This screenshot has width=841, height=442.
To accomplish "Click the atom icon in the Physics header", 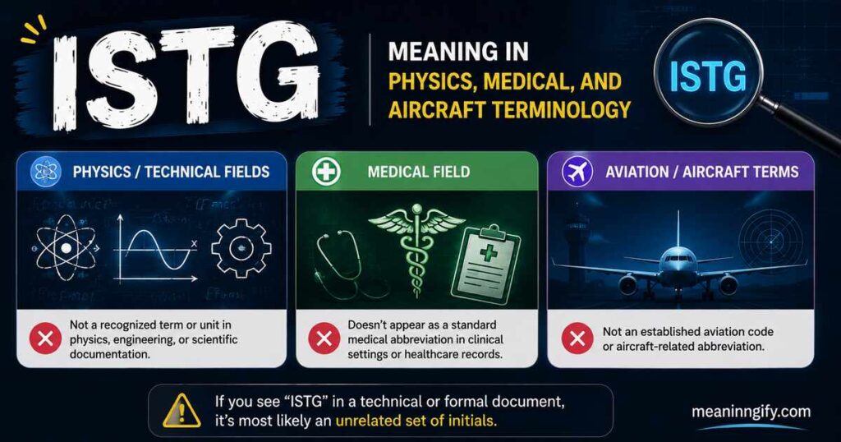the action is (46, 172).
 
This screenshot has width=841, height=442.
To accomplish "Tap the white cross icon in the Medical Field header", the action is (326, 172).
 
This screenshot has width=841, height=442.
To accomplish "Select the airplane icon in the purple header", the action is (577, 172).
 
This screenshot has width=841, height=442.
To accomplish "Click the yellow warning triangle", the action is (182, 411).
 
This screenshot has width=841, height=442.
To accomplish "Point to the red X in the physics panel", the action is (46, 338).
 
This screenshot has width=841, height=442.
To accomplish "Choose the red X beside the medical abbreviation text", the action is (324, 338).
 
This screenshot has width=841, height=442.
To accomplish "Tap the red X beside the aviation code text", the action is (577, 338).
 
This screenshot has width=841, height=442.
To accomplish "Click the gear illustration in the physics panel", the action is (241, 248).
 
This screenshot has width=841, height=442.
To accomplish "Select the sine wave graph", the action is (156, 248).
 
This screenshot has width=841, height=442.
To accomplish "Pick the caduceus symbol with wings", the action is (416, 248).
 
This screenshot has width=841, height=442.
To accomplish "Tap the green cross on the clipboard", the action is (488, 251).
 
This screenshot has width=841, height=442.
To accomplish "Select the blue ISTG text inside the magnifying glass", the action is (708, 76).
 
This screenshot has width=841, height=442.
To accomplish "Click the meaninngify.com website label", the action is (751, 412).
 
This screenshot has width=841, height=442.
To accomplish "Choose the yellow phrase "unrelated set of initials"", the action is (416, 420).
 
